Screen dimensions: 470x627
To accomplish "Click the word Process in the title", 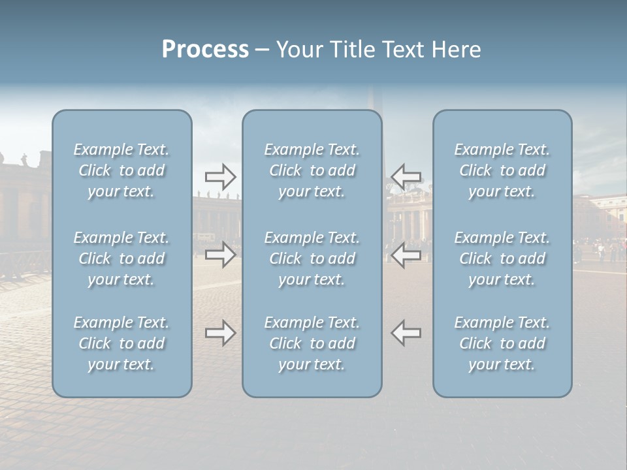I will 205,50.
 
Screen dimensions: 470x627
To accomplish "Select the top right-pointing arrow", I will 221,177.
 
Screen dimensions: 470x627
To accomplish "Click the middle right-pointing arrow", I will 221,255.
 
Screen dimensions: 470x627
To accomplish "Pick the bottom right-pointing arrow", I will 221,333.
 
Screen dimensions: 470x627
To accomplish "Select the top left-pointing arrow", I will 406,177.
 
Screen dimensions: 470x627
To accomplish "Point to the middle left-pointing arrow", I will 406,255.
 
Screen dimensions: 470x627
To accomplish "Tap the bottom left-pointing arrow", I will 406,333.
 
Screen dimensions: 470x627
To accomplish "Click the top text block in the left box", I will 121,170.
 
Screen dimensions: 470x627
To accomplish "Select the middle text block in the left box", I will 121,258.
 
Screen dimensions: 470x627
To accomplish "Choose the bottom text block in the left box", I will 121,343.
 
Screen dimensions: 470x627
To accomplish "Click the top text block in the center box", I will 312,170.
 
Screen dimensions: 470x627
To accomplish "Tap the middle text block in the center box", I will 312,258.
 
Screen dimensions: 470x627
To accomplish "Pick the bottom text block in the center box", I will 312,343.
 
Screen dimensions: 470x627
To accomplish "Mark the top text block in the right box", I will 502,170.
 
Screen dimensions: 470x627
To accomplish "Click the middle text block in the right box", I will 502,258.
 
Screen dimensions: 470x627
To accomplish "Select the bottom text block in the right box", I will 502,343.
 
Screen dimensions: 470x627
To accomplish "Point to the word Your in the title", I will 298,50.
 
